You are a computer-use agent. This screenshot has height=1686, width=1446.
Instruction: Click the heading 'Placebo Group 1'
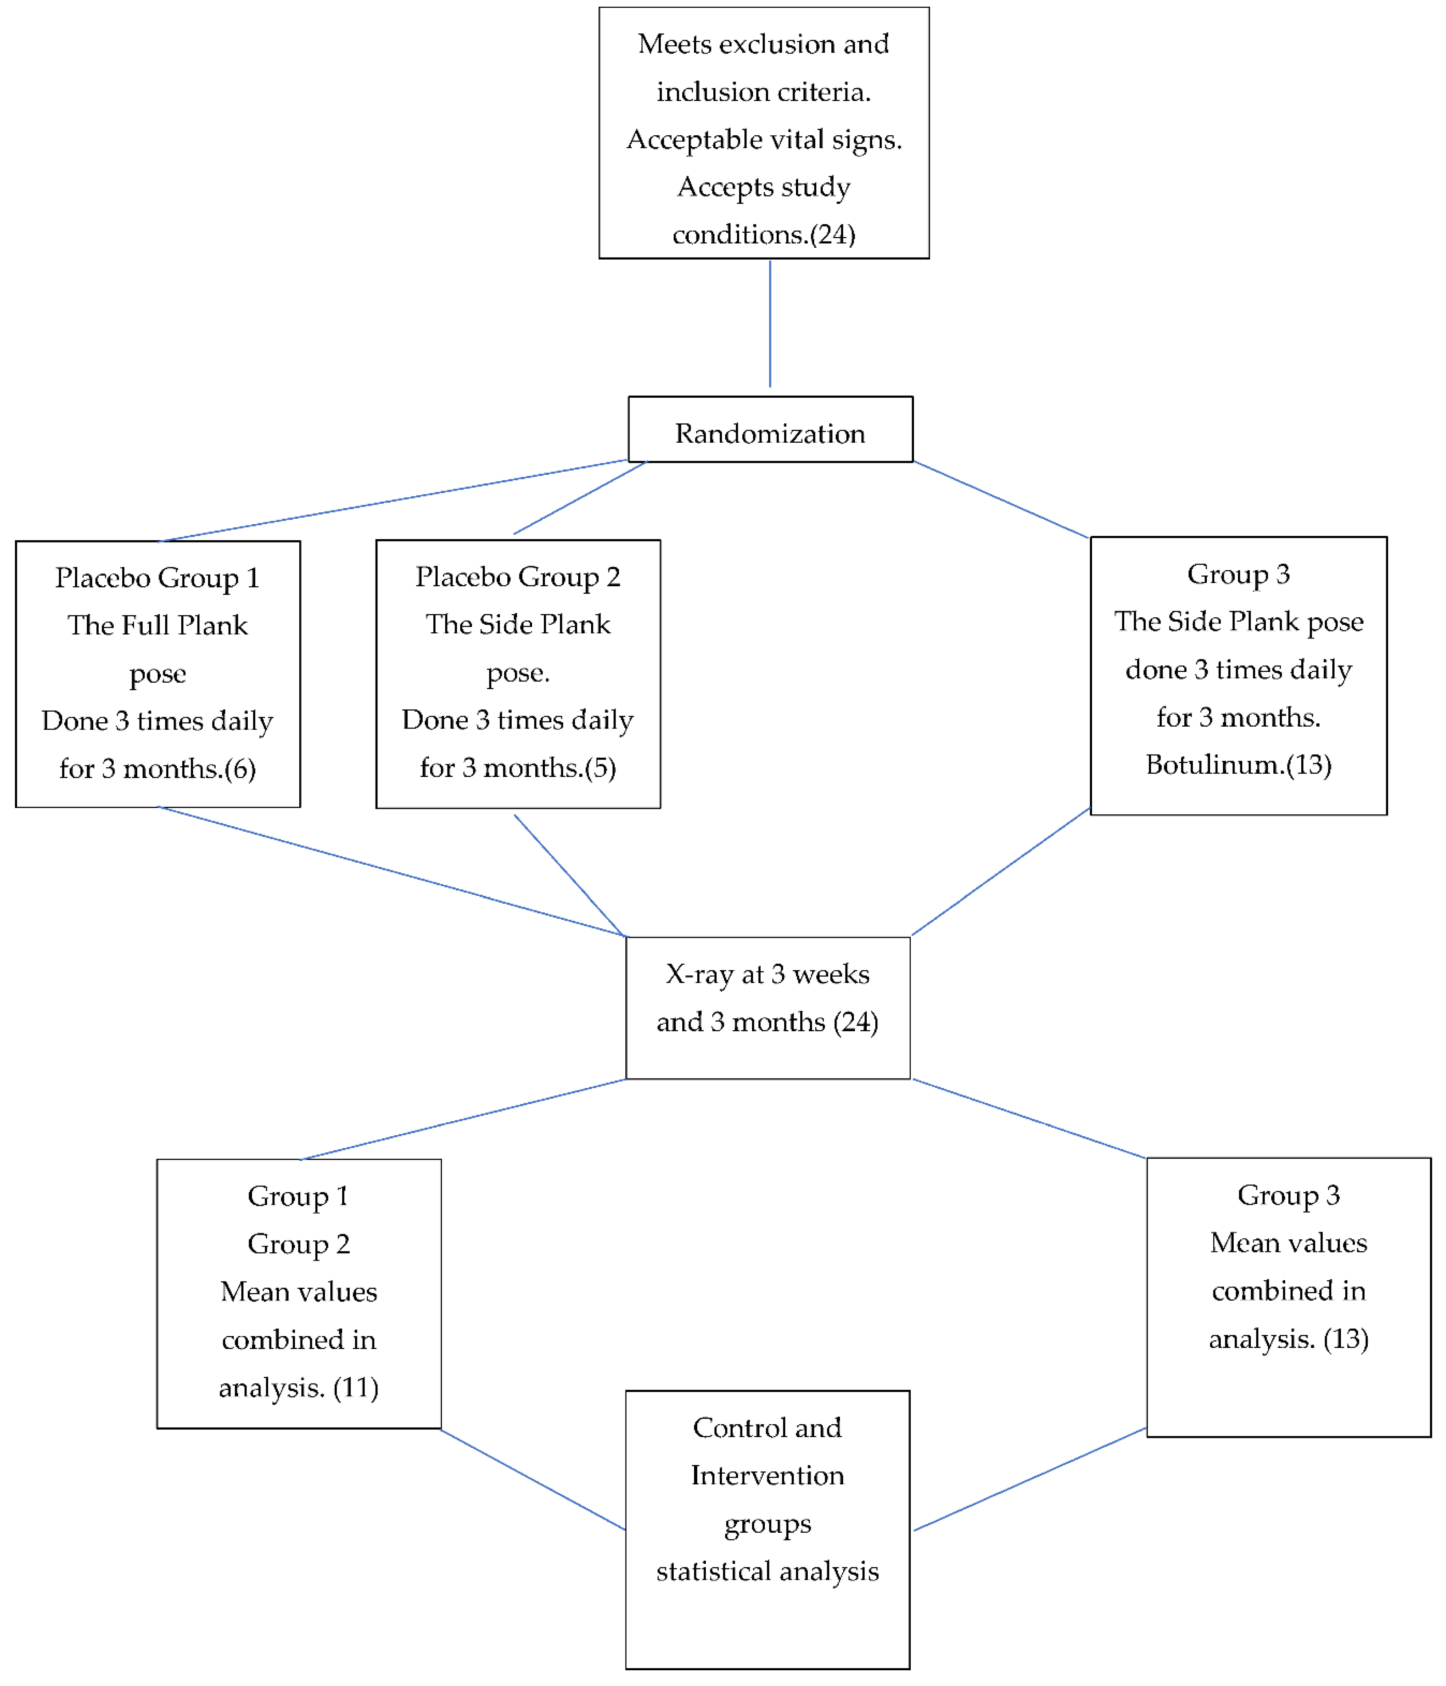[x=157, y=578]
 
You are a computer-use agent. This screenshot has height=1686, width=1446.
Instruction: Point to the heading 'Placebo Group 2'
[x=518, y=577]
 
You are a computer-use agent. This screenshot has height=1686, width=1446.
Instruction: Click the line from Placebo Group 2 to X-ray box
[x=569, y=876]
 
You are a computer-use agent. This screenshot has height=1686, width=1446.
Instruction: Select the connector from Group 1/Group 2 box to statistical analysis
[x=533, y=1479]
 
